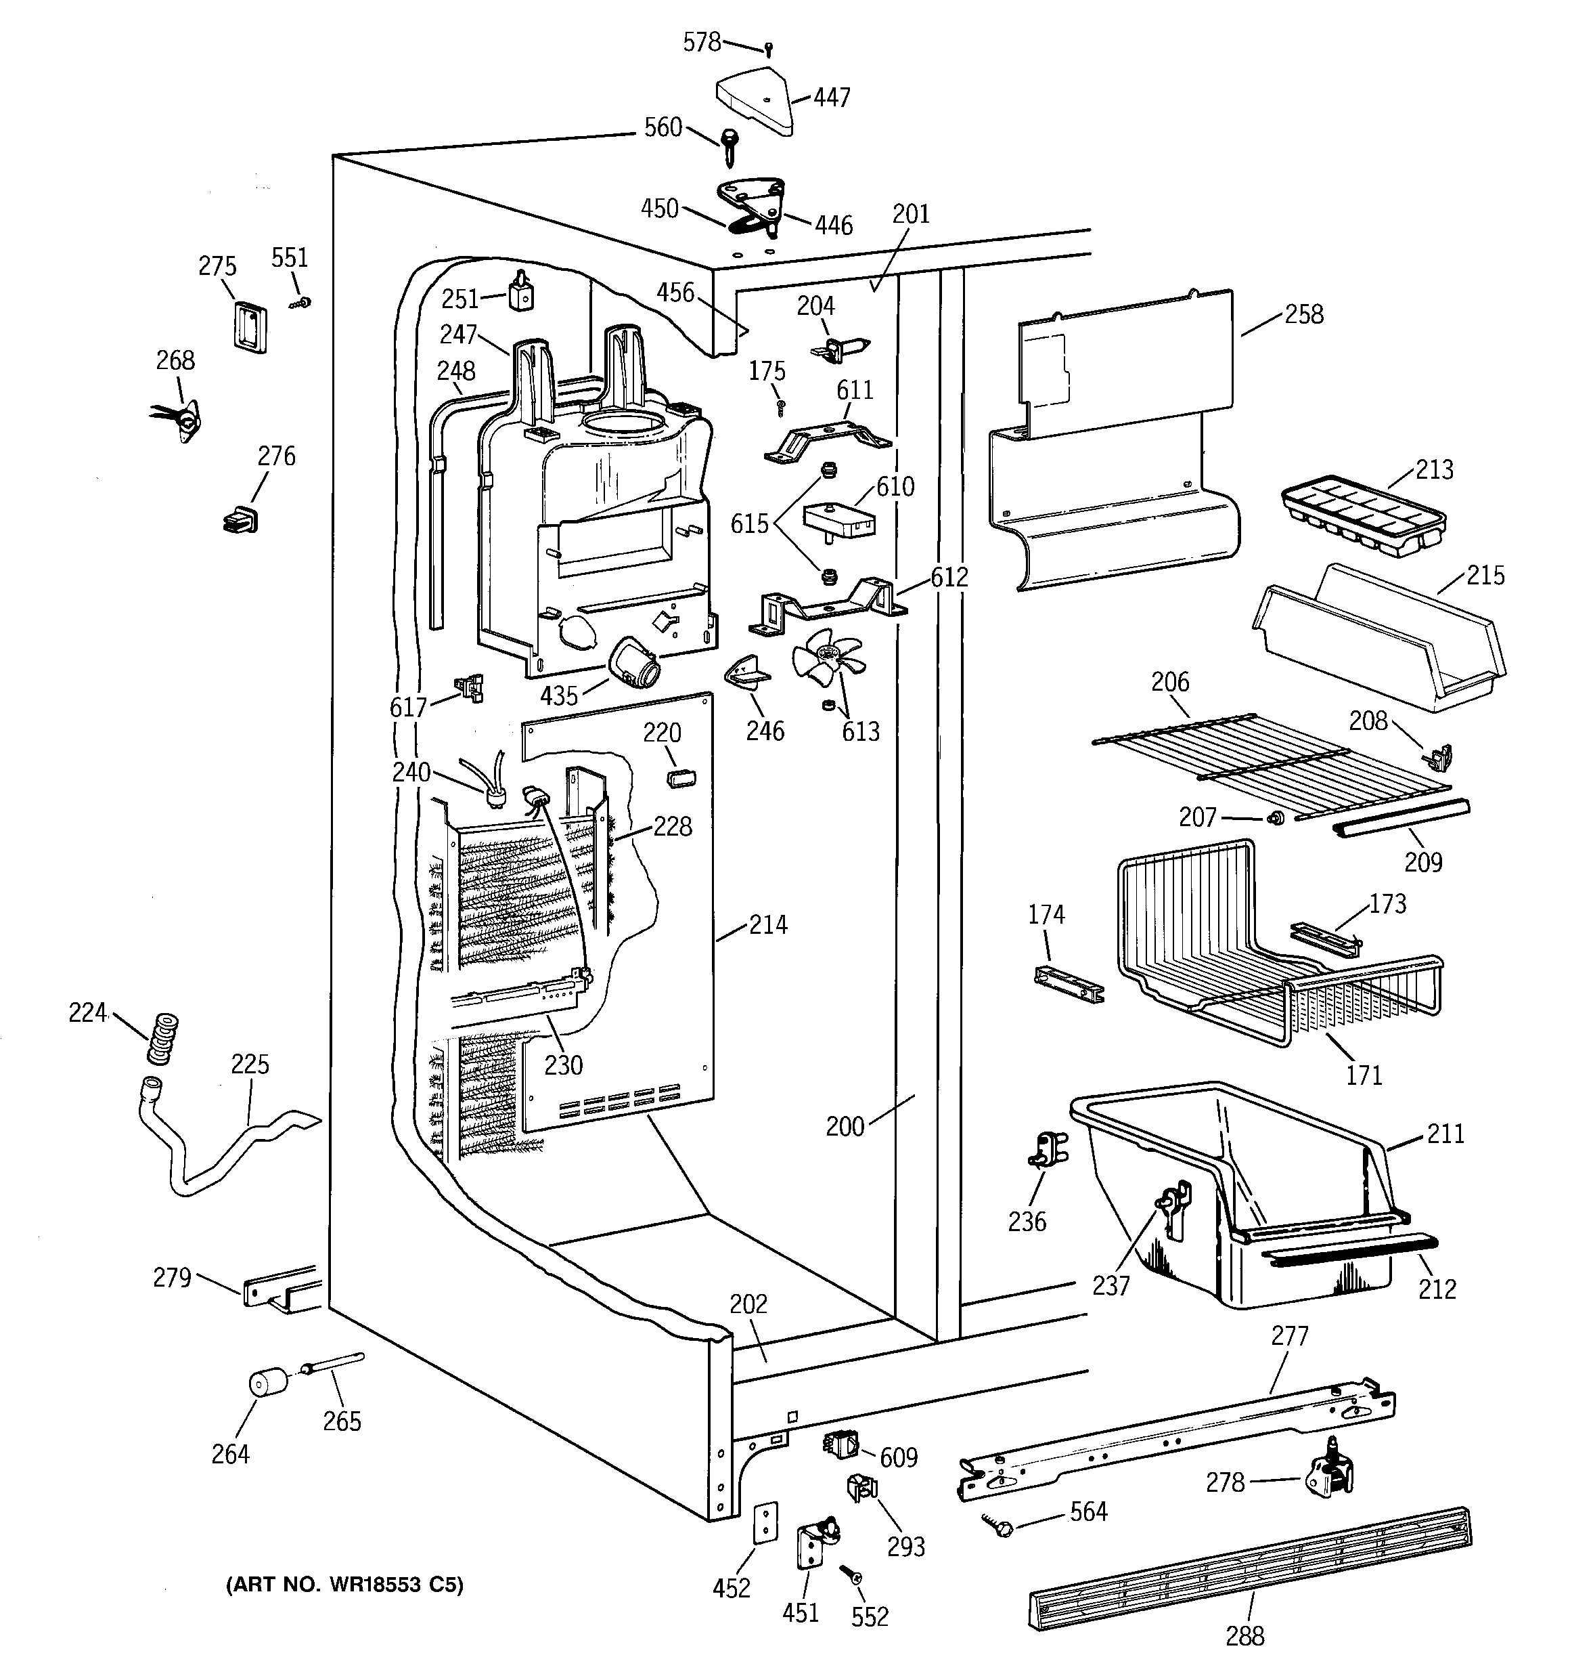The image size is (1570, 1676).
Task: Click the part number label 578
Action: [701, 42]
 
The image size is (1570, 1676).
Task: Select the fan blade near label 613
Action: [827, 660]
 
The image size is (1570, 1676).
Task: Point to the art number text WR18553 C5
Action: [344, 1585]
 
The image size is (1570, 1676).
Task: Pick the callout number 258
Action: [1303, 314]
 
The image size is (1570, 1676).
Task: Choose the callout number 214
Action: [767, 925]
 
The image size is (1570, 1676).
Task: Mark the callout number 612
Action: [949, 578]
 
